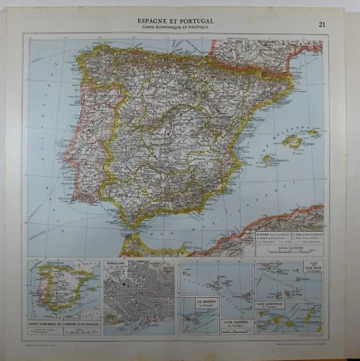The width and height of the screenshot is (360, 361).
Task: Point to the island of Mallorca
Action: click(293, 141)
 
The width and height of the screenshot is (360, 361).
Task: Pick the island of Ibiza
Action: click(267, 159)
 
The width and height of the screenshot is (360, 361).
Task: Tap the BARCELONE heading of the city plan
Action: click(116, 264)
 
